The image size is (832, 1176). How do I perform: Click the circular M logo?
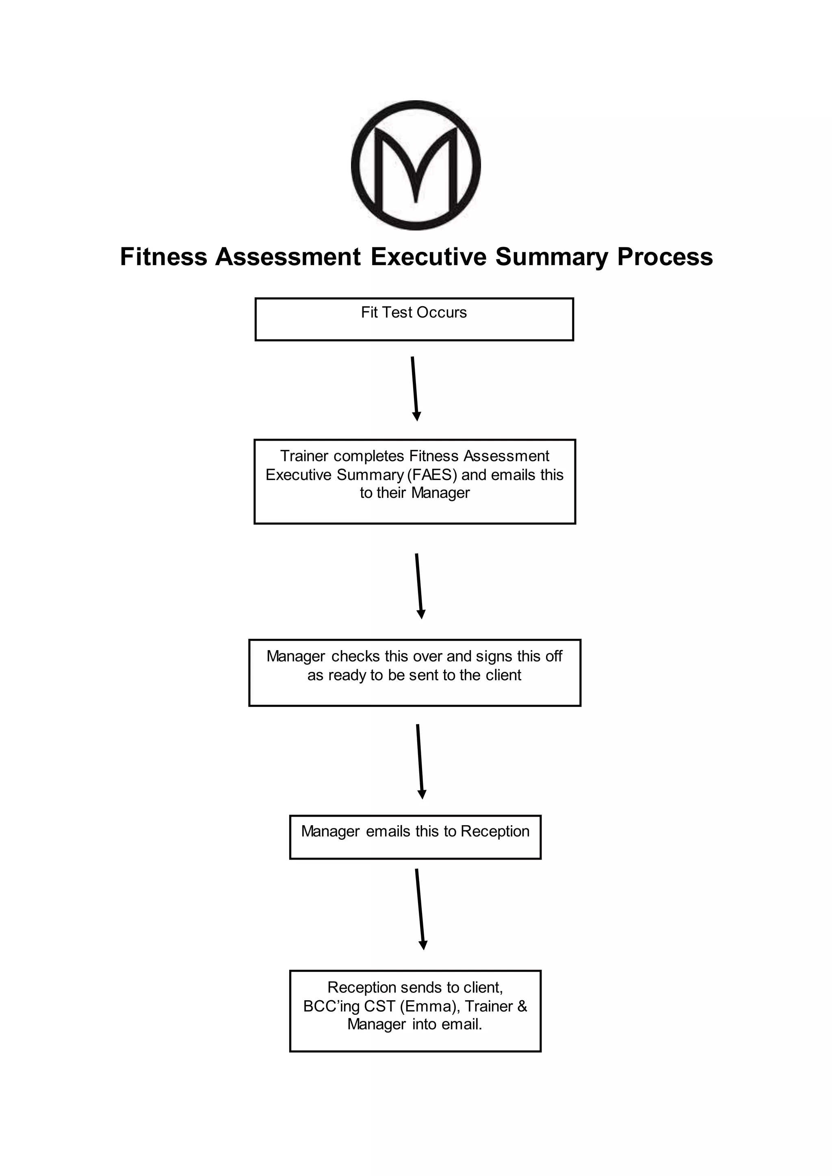(416, 165)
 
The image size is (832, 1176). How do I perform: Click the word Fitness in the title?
(163, 257)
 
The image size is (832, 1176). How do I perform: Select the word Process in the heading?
(665, 257)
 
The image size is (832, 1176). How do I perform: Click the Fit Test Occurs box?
(414, 319)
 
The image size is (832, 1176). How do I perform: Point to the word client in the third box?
(503, 675)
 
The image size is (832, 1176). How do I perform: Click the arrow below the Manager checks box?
(420, 761)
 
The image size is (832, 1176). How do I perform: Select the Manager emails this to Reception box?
(415, 837)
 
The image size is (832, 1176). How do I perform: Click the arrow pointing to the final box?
(420, 909)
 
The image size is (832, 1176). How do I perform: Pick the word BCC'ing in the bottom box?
(331, 1007)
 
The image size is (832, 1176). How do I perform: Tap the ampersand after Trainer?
(522, 1007)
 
